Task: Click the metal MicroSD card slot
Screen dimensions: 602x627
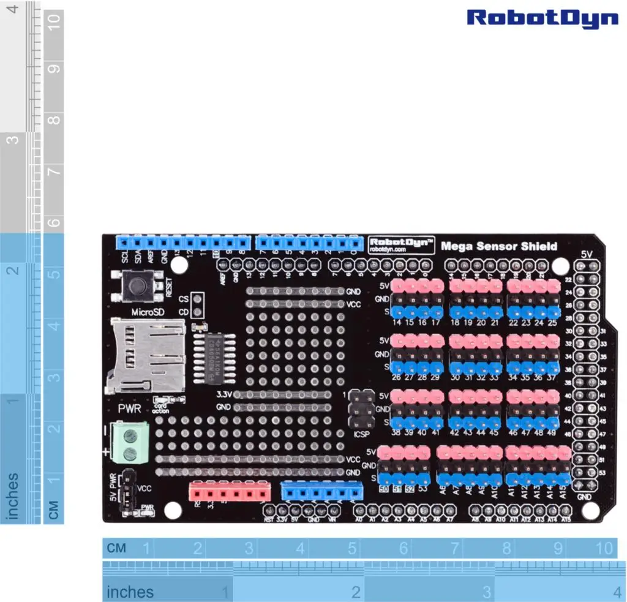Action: [146, 355]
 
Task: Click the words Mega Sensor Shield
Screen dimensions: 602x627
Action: [499, 246]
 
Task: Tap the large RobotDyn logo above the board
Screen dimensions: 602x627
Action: [543, 18]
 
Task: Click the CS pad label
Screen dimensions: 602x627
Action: [184, 299]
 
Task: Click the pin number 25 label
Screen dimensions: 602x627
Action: [553, 323]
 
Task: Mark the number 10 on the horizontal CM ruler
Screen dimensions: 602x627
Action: [604, 547]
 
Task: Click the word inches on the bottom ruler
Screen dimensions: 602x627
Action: [130, 592]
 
